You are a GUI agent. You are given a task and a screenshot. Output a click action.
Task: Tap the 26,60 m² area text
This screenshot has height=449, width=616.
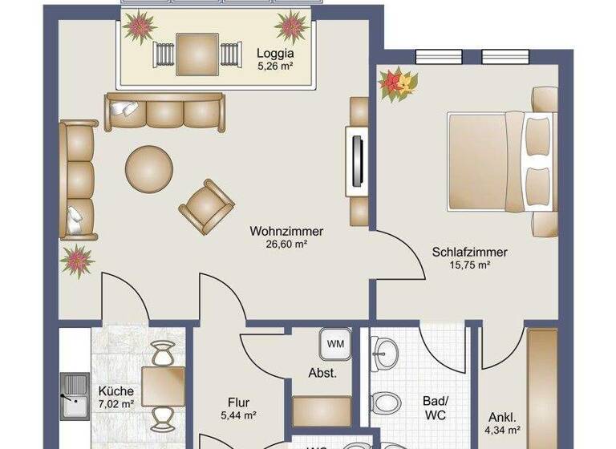click(286, 245)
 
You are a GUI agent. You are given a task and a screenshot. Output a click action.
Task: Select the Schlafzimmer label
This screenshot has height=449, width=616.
click(469, 252)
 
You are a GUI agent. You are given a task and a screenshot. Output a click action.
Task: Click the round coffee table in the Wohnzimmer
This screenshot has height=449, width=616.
click(149, 168)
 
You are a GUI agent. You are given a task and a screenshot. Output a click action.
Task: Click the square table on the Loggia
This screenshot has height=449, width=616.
click(197, 53)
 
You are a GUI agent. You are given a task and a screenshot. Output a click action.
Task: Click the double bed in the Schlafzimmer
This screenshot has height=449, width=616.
click(497, 161)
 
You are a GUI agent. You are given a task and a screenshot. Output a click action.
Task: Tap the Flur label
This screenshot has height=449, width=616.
click(238, 402)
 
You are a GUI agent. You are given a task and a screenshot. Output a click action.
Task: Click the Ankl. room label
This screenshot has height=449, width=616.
click(502, 417)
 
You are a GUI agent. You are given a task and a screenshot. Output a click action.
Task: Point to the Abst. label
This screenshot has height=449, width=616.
click(322, 373)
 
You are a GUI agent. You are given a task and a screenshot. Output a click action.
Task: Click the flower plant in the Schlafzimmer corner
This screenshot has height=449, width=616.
click(399, 84)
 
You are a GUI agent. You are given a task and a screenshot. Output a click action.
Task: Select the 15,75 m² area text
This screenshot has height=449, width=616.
click(469, 265)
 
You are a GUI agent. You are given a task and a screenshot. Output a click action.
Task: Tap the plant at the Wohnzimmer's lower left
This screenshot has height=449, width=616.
click(77, 261)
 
